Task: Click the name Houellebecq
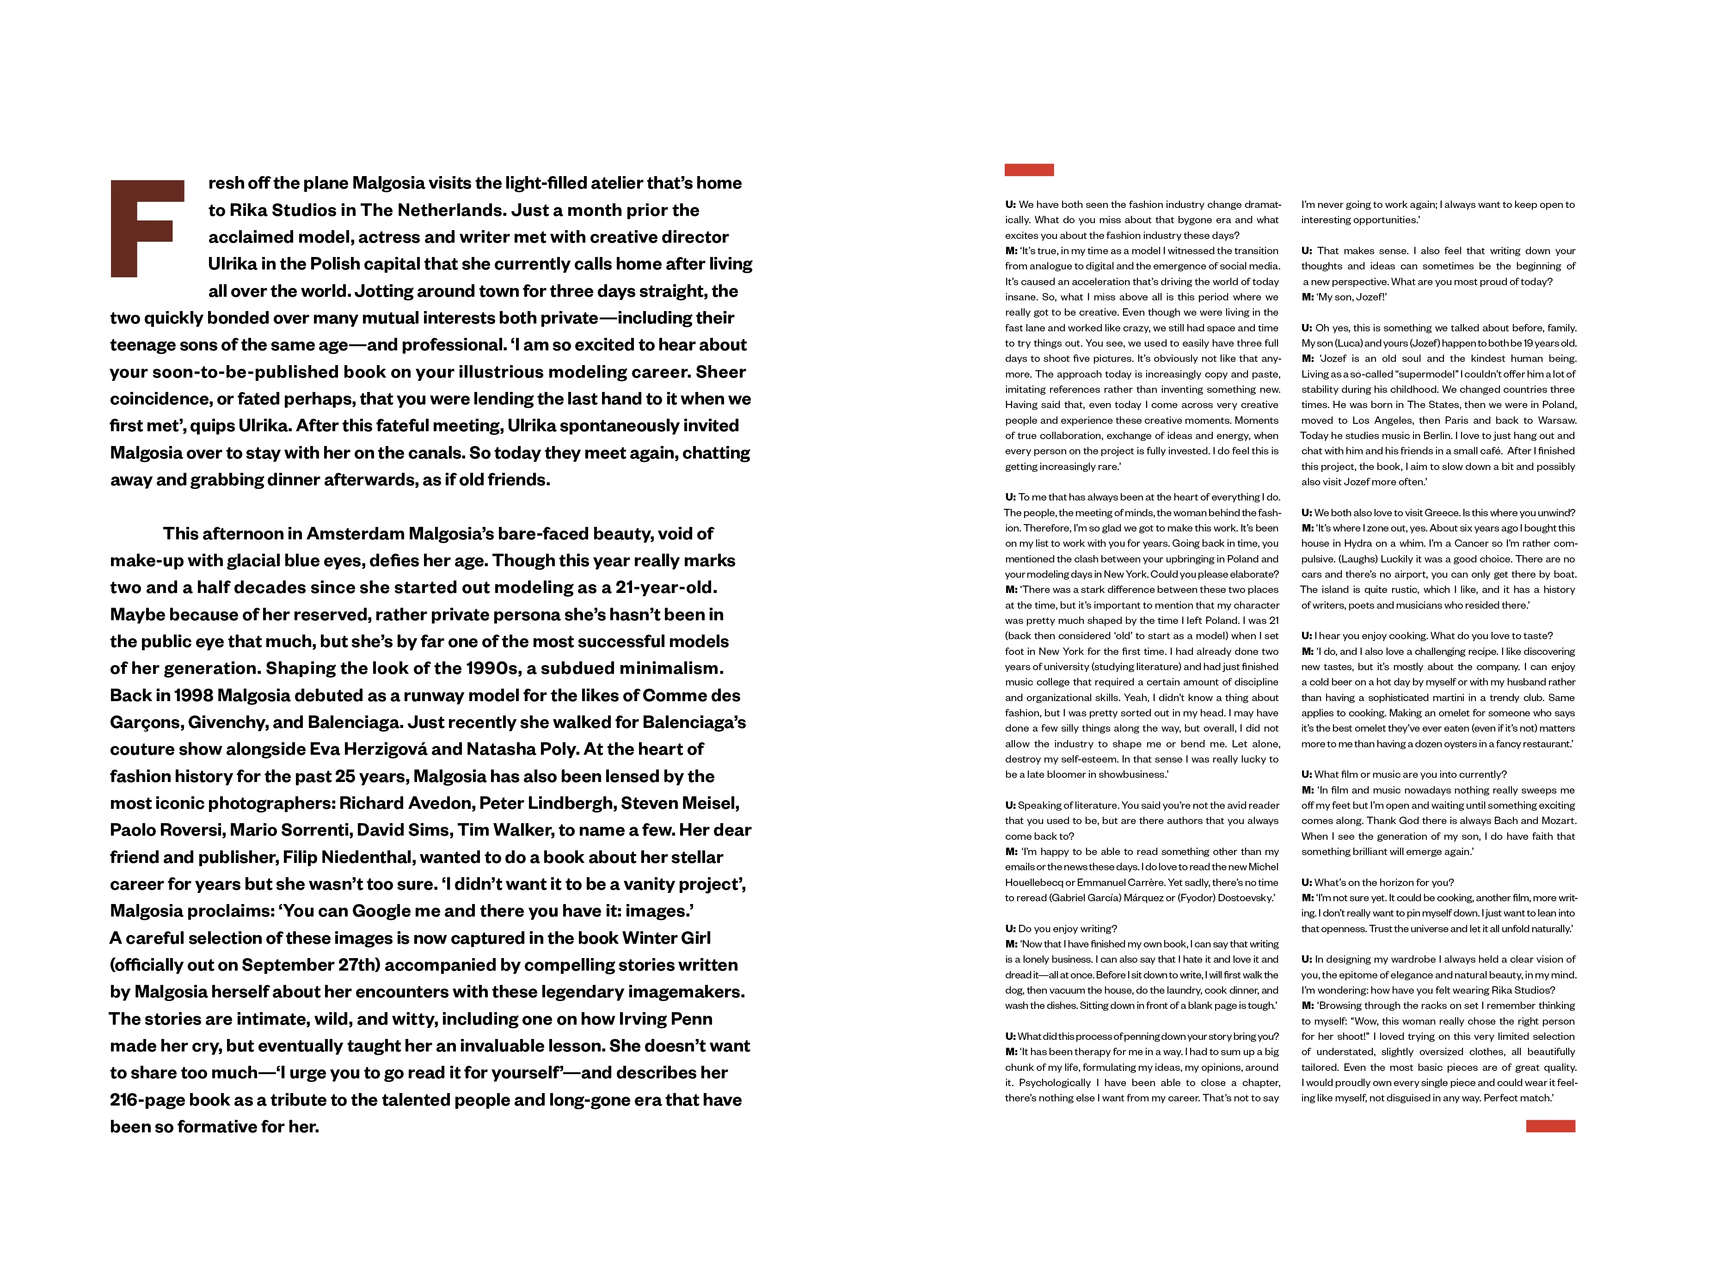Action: pyautogui.click(x=1038, y=882)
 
